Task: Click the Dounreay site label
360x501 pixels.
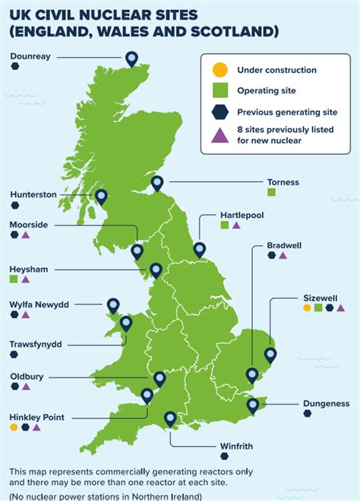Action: pos(31,56)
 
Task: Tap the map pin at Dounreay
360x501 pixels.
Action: pos(131,58)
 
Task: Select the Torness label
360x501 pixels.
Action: pos(283,182)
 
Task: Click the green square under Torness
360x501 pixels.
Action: pos(271,193)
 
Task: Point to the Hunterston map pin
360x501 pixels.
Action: pos(101,197)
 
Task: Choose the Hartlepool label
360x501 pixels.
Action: pos(242,215)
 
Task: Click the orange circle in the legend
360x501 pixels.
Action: pos(219,71)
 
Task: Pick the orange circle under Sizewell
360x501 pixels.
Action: pos(307,308)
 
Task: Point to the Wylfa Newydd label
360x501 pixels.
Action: pos(39,304)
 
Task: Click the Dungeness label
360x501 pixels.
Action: pos(326,403)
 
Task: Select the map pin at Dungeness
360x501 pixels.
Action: pos(253,405)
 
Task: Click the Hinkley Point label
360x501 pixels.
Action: pos(37,417)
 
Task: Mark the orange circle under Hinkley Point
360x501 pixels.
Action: pos(14,427)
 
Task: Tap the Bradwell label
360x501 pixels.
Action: pos(284,245)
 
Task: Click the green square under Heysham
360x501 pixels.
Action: pos(14,279)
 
